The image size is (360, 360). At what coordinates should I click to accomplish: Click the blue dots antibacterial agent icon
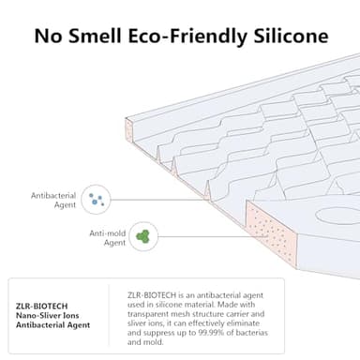95,198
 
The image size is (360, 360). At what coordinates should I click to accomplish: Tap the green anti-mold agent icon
142,236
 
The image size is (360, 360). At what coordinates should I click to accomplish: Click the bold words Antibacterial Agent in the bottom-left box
52,324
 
